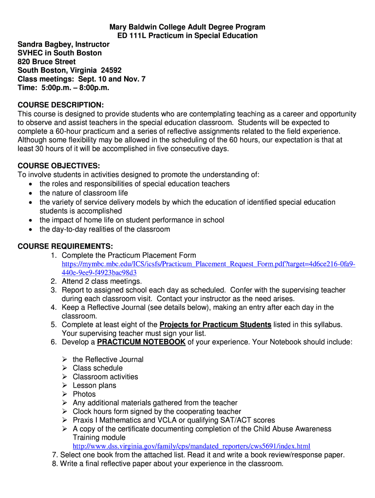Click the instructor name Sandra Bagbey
(x=43, y=44)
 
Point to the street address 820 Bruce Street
(x=47, y=62)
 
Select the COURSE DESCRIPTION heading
(x=61, y=105)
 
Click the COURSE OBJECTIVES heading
(x=59, y=165)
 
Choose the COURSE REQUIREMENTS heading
(x=65, y=246)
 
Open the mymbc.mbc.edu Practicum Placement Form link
(x=208, y=264)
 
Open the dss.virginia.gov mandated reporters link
(x=191, y=446)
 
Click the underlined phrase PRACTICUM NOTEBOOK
(x=141, y=342)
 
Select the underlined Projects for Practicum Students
(x=215, y=324)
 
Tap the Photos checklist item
(x=84, y=394)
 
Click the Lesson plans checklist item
(x=94, y=385)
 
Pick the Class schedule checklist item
(x=97, y=368)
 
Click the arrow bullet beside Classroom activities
(x=65, y=377)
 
